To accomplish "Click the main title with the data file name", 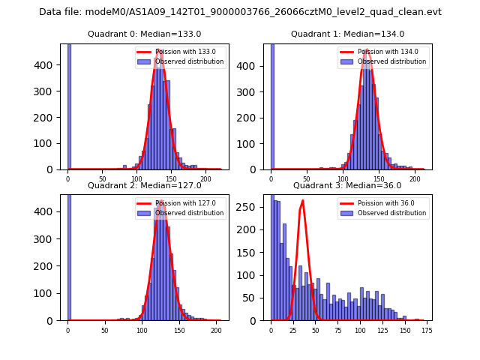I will point(240,12).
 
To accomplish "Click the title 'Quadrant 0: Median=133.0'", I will point(144,34).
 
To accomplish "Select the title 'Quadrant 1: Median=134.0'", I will point(347,34).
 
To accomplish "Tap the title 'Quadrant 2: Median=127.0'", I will point(144,185).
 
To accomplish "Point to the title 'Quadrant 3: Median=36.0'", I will point(347,185).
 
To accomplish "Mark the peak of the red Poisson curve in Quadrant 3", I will point(302,200).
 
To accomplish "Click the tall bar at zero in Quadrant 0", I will point(68,105).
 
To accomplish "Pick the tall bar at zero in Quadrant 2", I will point(68,255).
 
